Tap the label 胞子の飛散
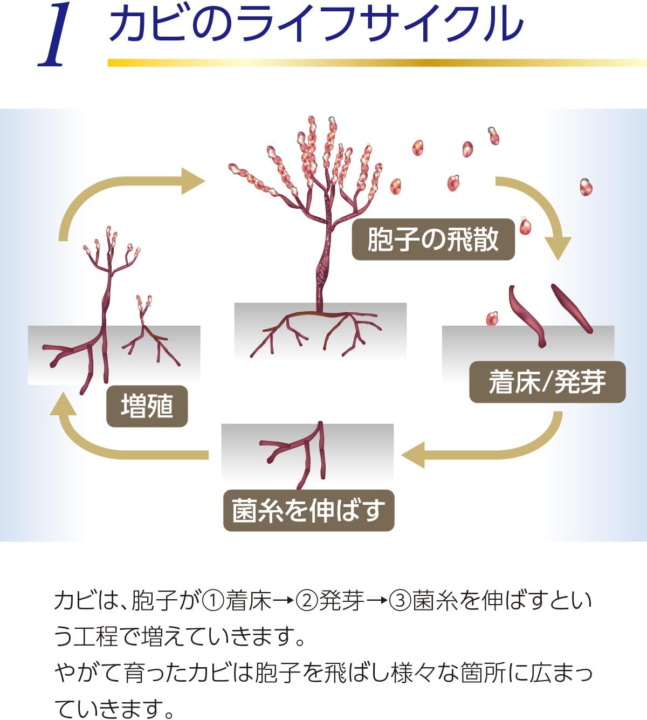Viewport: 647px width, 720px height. point(433,239)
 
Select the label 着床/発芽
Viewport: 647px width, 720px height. point(547,382)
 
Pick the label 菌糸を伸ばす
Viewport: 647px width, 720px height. point(308,510)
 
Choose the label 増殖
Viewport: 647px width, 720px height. point(147,406)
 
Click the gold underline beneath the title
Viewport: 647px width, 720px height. point(377,63)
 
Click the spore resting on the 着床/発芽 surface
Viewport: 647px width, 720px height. point(491,319)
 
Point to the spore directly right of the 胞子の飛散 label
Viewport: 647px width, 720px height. point(525,227)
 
